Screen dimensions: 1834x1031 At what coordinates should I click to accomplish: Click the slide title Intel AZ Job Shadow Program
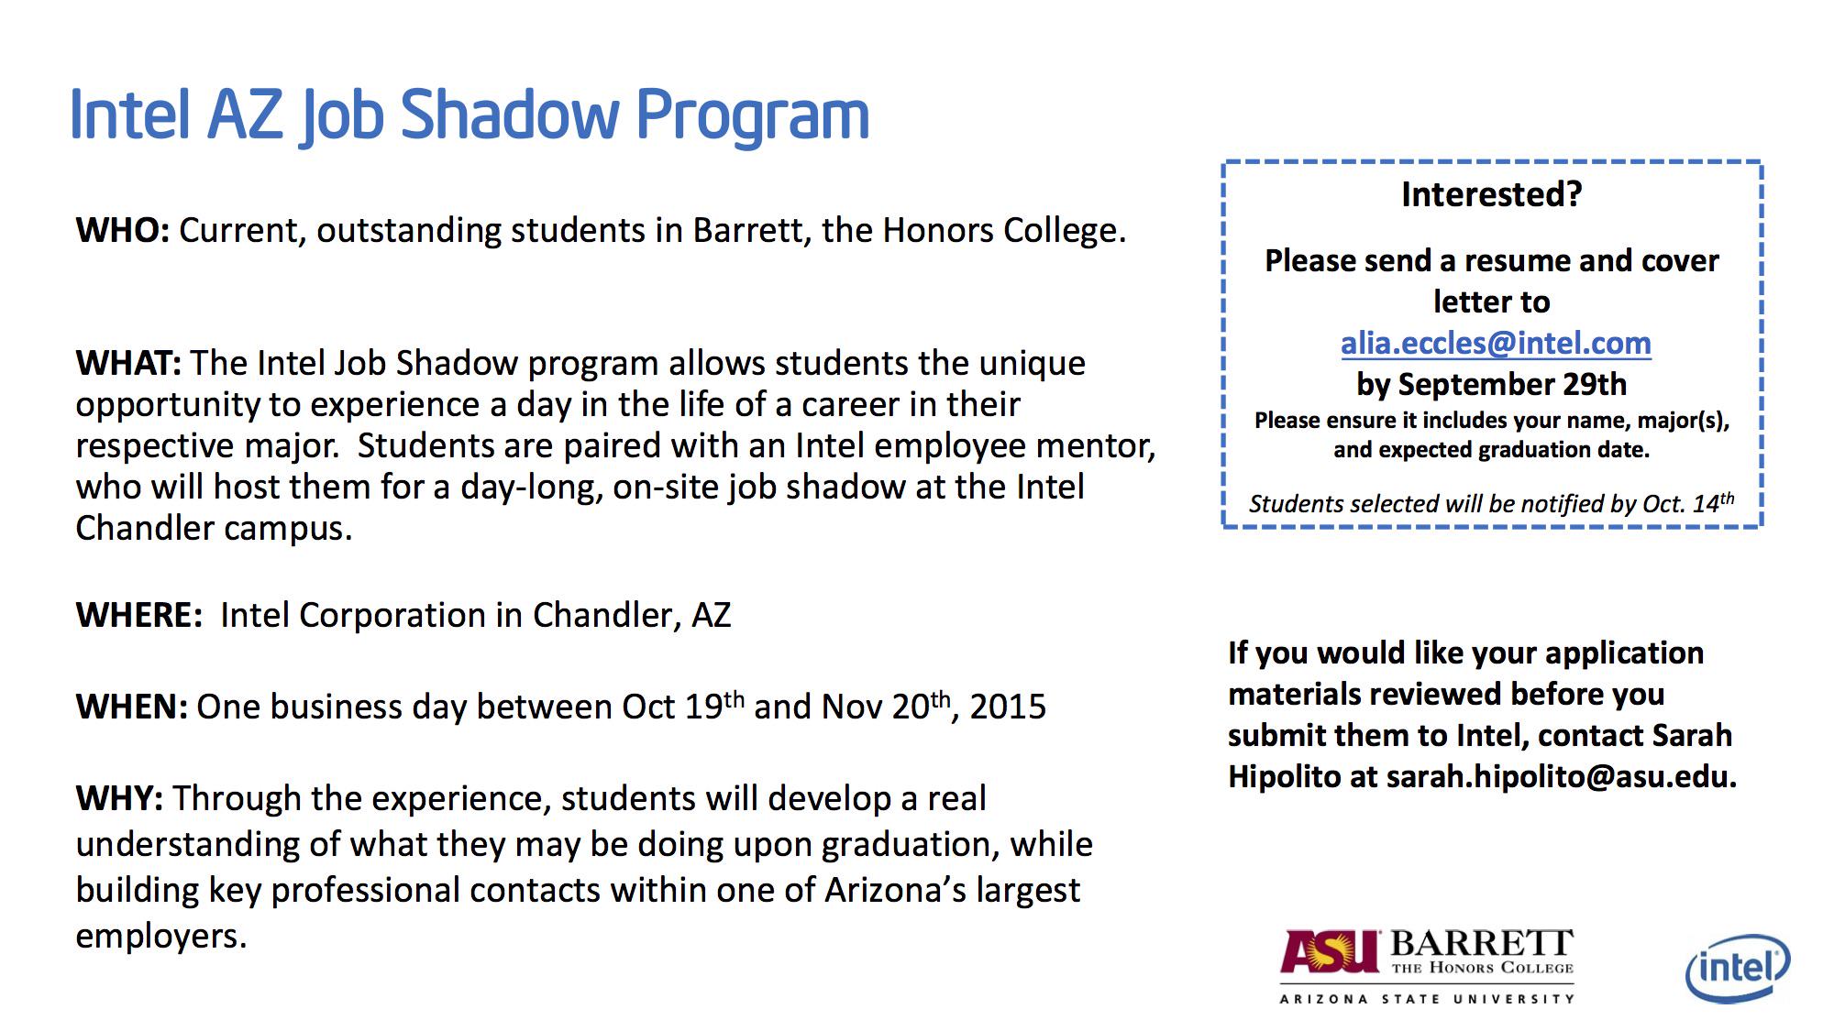coord(470,115)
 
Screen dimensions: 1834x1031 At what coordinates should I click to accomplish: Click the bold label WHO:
coord(123,230)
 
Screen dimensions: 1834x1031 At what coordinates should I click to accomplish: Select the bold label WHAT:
coord(128,363)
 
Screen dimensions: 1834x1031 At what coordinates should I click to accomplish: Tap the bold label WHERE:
coord(139,615)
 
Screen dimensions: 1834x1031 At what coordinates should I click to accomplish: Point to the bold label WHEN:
coord(132,707)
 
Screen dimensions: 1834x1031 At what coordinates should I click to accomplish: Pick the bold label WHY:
coord(120,798)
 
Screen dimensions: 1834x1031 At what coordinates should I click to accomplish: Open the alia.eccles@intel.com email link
coord(1496,344)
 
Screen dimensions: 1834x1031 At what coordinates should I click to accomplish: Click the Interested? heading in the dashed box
coord(1492,194)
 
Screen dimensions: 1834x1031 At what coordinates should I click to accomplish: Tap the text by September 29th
coord(1492,384)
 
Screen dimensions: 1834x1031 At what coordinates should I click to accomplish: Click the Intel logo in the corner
coord(1738,968)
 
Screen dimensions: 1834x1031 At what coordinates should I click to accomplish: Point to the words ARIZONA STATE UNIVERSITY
coord(1427,999)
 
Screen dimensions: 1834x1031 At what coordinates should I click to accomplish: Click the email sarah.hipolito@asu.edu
coord(1562,777)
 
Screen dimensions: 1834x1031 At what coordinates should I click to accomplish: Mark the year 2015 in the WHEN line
coord(1008,707)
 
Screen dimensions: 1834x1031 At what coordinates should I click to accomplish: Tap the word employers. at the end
coord(161,937)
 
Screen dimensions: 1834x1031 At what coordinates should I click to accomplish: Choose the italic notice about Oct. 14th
coord(1492,503)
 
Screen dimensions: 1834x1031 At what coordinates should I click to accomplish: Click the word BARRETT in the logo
coord(1482,944)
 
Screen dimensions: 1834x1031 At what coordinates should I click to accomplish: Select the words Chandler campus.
coord(214,529)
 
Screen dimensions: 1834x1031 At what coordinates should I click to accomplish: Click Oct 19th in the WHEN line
coord(683,706)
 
